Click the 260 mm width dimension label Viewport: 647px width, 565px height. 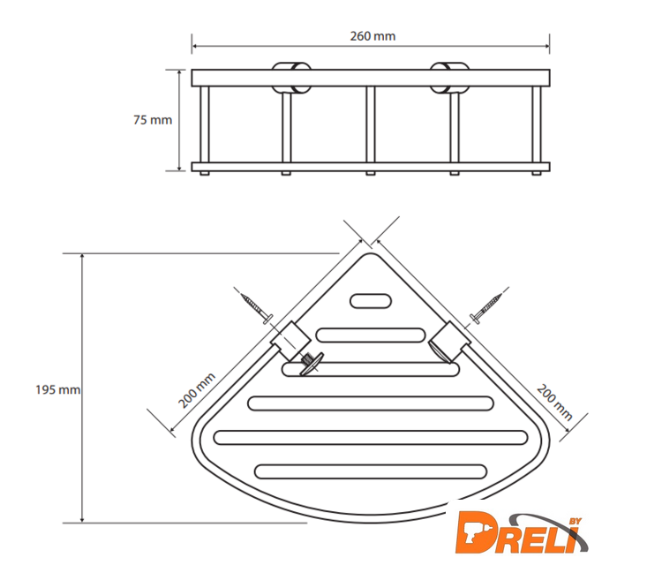click(372, 36)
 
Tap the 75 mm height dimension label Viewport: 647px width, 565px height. click(153, 120)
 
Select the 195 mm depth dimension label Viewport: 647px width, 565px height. click(57, 389)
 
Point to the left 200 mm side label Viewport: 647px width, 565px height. click(197, 390)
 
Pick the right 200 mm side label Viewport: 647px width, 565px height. click(554, 402)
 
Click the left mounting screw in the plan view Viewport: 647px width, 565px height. click(257, 308)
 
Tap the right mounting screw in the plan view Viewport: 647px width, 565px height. click(486, 308)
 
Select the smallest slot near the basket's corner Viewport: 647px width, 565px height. click(371, 301)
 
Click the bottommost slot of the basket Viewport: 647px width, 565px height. click(371, 471)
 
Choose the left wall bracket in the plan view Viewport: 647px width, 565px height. click(290, 341)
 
